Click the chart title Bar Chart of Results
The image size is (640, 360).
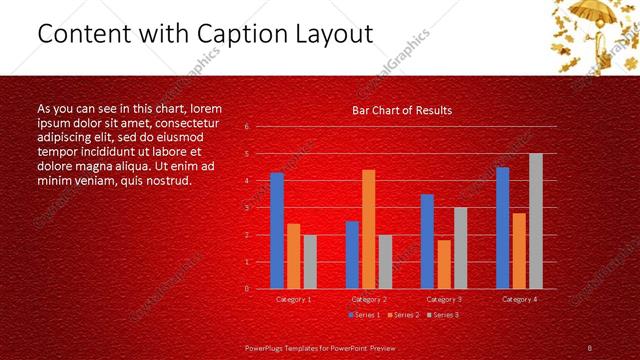point(401,110)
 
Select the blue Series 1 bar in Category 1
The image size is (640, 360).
point(277,230)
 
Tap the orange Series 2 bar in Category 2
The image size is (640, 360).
point(369,228)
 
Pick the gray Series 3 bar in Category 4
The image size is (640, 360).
point(536,220)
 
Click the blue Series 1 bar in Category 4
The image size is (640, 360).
point(502,227)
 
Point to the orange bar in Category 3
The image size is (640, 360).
point(444,264)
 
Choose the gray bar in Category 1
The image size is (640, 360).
point(310,261)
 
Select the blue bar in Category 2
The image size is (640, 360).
point(352,254)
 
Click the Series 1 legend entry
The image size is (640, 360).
point(364,315)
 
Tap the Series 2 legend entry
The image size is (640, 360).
point(402,315)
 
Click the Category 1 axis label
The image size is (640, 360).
point(293,299)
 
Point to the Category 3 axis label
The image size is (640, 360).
point(444,299)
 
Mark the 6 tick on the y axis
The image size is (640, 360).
point(247,127)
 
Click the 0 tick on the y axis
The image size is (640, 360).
point(247,288)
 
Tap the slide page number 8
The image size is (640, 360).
point(589,347)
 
